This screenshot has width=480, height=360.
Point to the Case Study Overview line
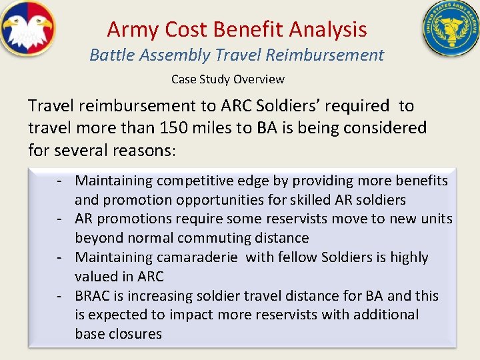click(227, 79)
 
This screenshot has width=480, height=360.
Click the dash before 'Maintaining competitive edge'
click(59, 181)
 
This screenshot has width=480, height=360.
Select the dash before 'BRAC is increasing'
click(59, 296)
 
